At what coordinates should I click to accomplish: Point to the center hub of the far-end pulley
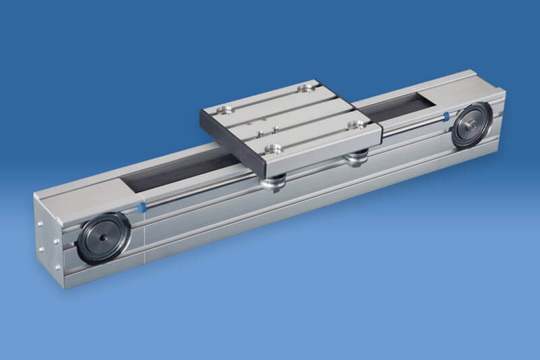click(x=472, y=126)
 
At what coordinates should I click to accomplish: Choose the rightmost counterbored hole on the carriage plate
click(x=352, y=124)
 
